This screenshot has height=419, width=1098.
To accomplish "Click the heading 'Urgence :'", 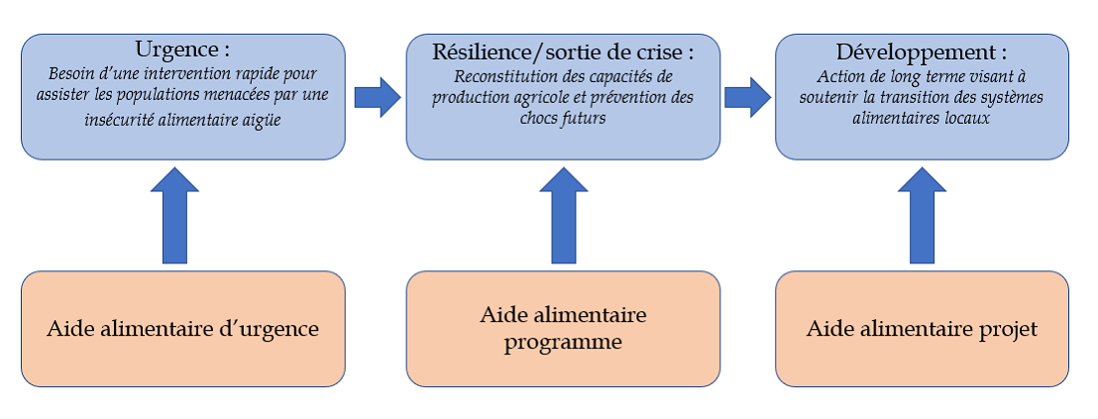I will tap(182, 51).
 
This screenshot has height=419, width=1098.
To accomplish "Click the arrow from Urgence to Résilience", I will tap(377, 97).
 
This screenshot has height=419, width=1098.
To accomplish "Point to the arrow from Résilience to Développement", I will tap(747, 97).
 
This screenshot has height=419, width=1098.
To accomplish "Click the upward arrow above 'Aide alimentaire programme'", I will tap(563, 215).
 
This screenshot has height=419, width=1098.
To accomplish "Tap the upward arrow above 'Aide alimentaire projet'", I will tap(922, 215).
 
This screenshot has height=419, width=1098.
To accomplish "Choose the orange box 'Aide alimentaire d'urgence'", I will tap(182, 328).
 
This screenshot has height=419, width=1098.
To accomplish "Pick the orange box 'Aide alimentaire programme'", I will tap(563, 328).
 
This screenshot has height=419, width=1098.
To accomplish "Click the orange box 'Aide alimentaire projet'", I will tap(922, 328).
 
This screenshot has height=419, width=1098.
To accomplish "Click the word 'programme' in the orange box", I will tap(562, 343).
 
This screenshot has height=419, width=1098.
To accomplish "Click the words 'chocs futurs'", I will tap(562, 118).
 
